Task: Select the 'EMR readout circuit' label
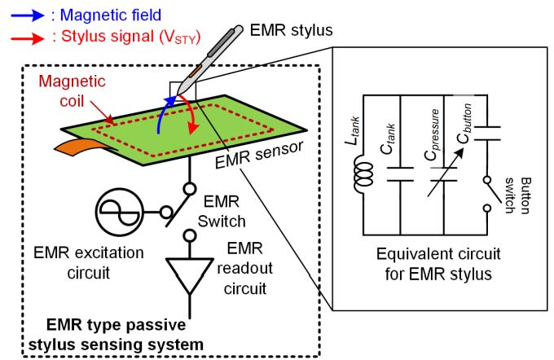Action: (251, 267)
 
